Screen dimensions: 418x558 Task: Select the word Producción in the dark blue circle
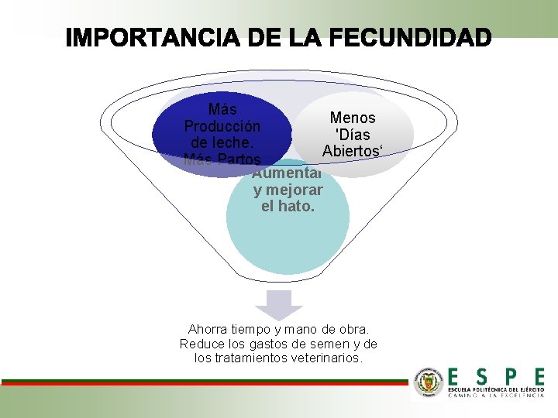tap(222, 126)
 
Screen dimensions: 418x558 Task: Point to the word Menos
tap(353, 118)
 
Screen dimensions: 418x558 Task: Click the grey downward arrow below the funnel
tap(279, 304)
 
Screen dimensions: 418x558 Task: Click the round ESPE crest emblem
tap(429, 382)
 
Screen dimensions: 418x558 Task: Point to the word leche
tap(210, 143)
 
